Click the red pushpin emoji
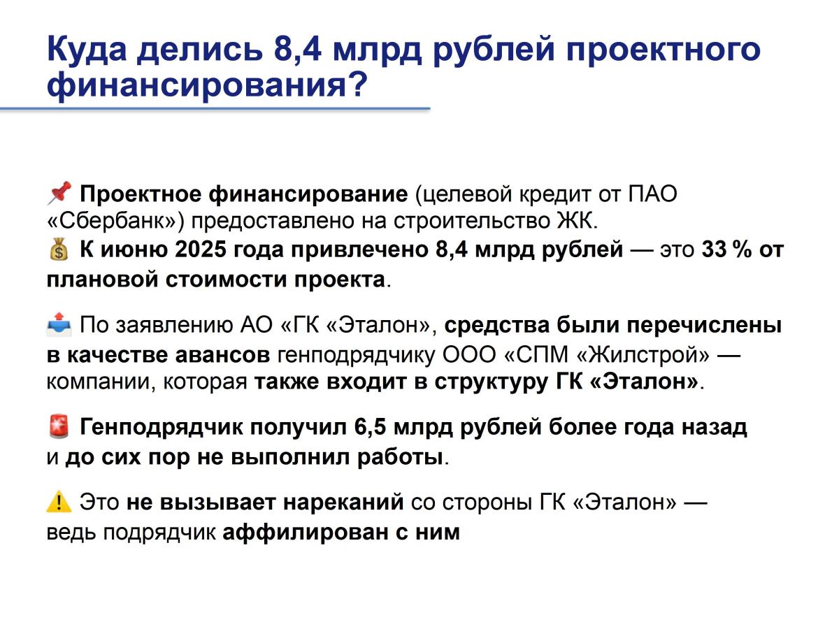(x=59, y=193)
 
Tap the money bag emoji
(x=59, y=250)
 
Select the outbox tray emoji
(x=59, y=324)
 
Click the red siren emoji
(x=59, y=426)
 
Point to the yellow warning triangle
(x=59, y=501)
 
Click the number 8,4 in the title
(x=297, y=50)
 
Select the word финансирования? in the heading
(x=207, y=85)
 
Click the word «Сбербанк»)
(x=115, y=221)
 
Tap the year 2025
(x=200, y=250)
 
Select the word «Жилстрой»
(x=643, y=355)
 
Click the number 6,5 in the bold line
(x=370, y=427)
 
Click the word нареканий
(x=343, y=502)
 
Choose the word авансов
(x=222, y=355)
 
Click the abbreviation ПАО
(x=652, y=194)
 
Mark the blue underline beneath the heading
(x=215, y=109)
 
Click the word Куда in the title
(x=87, y=50)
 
